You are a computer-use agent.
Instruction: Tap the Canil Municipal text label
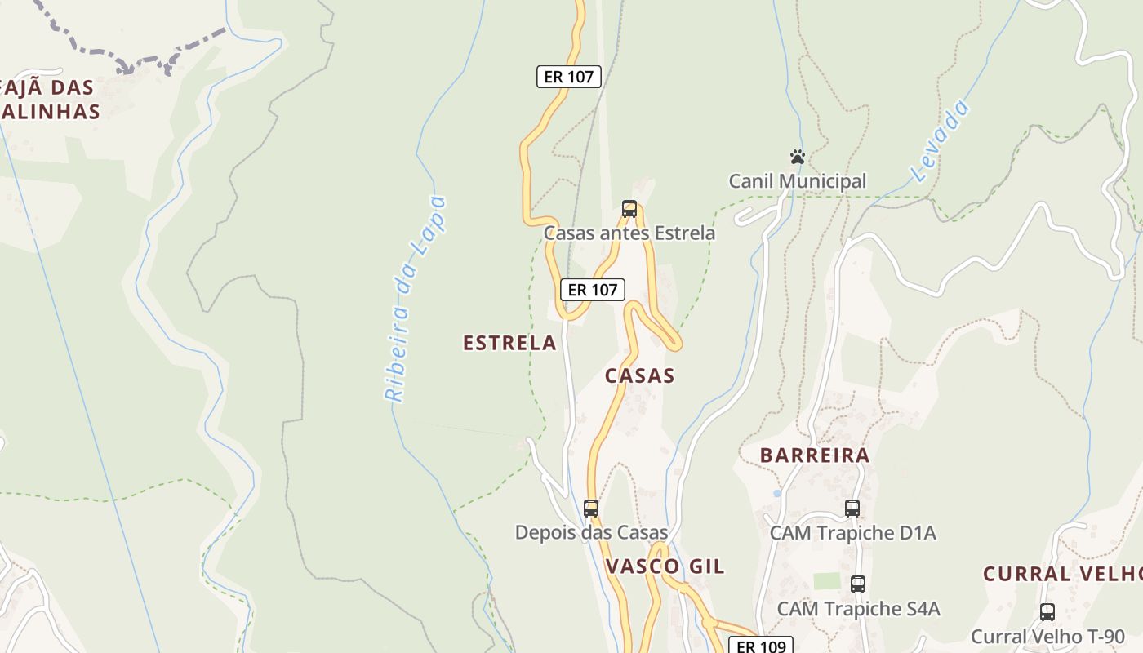pos(797,181)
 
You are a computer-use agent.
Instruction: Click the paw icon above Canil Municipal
pos(798,157)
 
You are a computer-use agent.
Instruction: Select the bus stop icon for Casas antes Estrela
pos(629,209)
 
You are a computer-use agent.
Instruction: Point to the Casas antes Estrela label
pos(629,233)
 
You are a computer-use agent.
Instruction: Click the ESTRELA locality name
pos(509,343)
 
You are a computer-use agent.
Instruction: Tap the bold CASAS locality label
pos(640,375)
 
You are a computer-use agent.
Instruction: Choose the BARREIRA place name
pos(815,455)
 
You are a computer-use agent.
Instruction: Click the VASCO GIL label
pos(665,566)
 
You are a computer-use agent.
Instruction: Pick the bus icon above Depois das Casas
pos(591,509)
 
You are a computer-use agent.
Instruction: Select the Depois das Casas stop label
pos(591,533)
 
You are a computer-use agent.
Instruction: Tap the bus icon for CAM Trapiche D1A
pos(852,509)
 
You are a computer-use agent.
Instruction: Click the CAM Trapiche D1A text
pos(852,533)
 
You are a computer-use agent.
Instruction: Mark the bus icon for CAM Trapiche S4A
pos(857,584)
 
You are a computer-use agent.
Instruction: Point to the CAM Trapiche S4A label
pos(858,609)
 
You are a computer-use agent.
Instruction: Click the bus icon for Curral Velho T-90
pos(1047,612)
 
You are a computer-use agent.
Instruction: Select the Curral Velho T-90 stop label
pos(1047,637)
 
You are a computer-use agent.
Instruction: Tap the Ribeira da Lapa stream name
pos(416,299)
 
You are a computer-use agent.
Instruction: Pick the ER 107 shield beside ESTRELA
pos(593,290)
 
